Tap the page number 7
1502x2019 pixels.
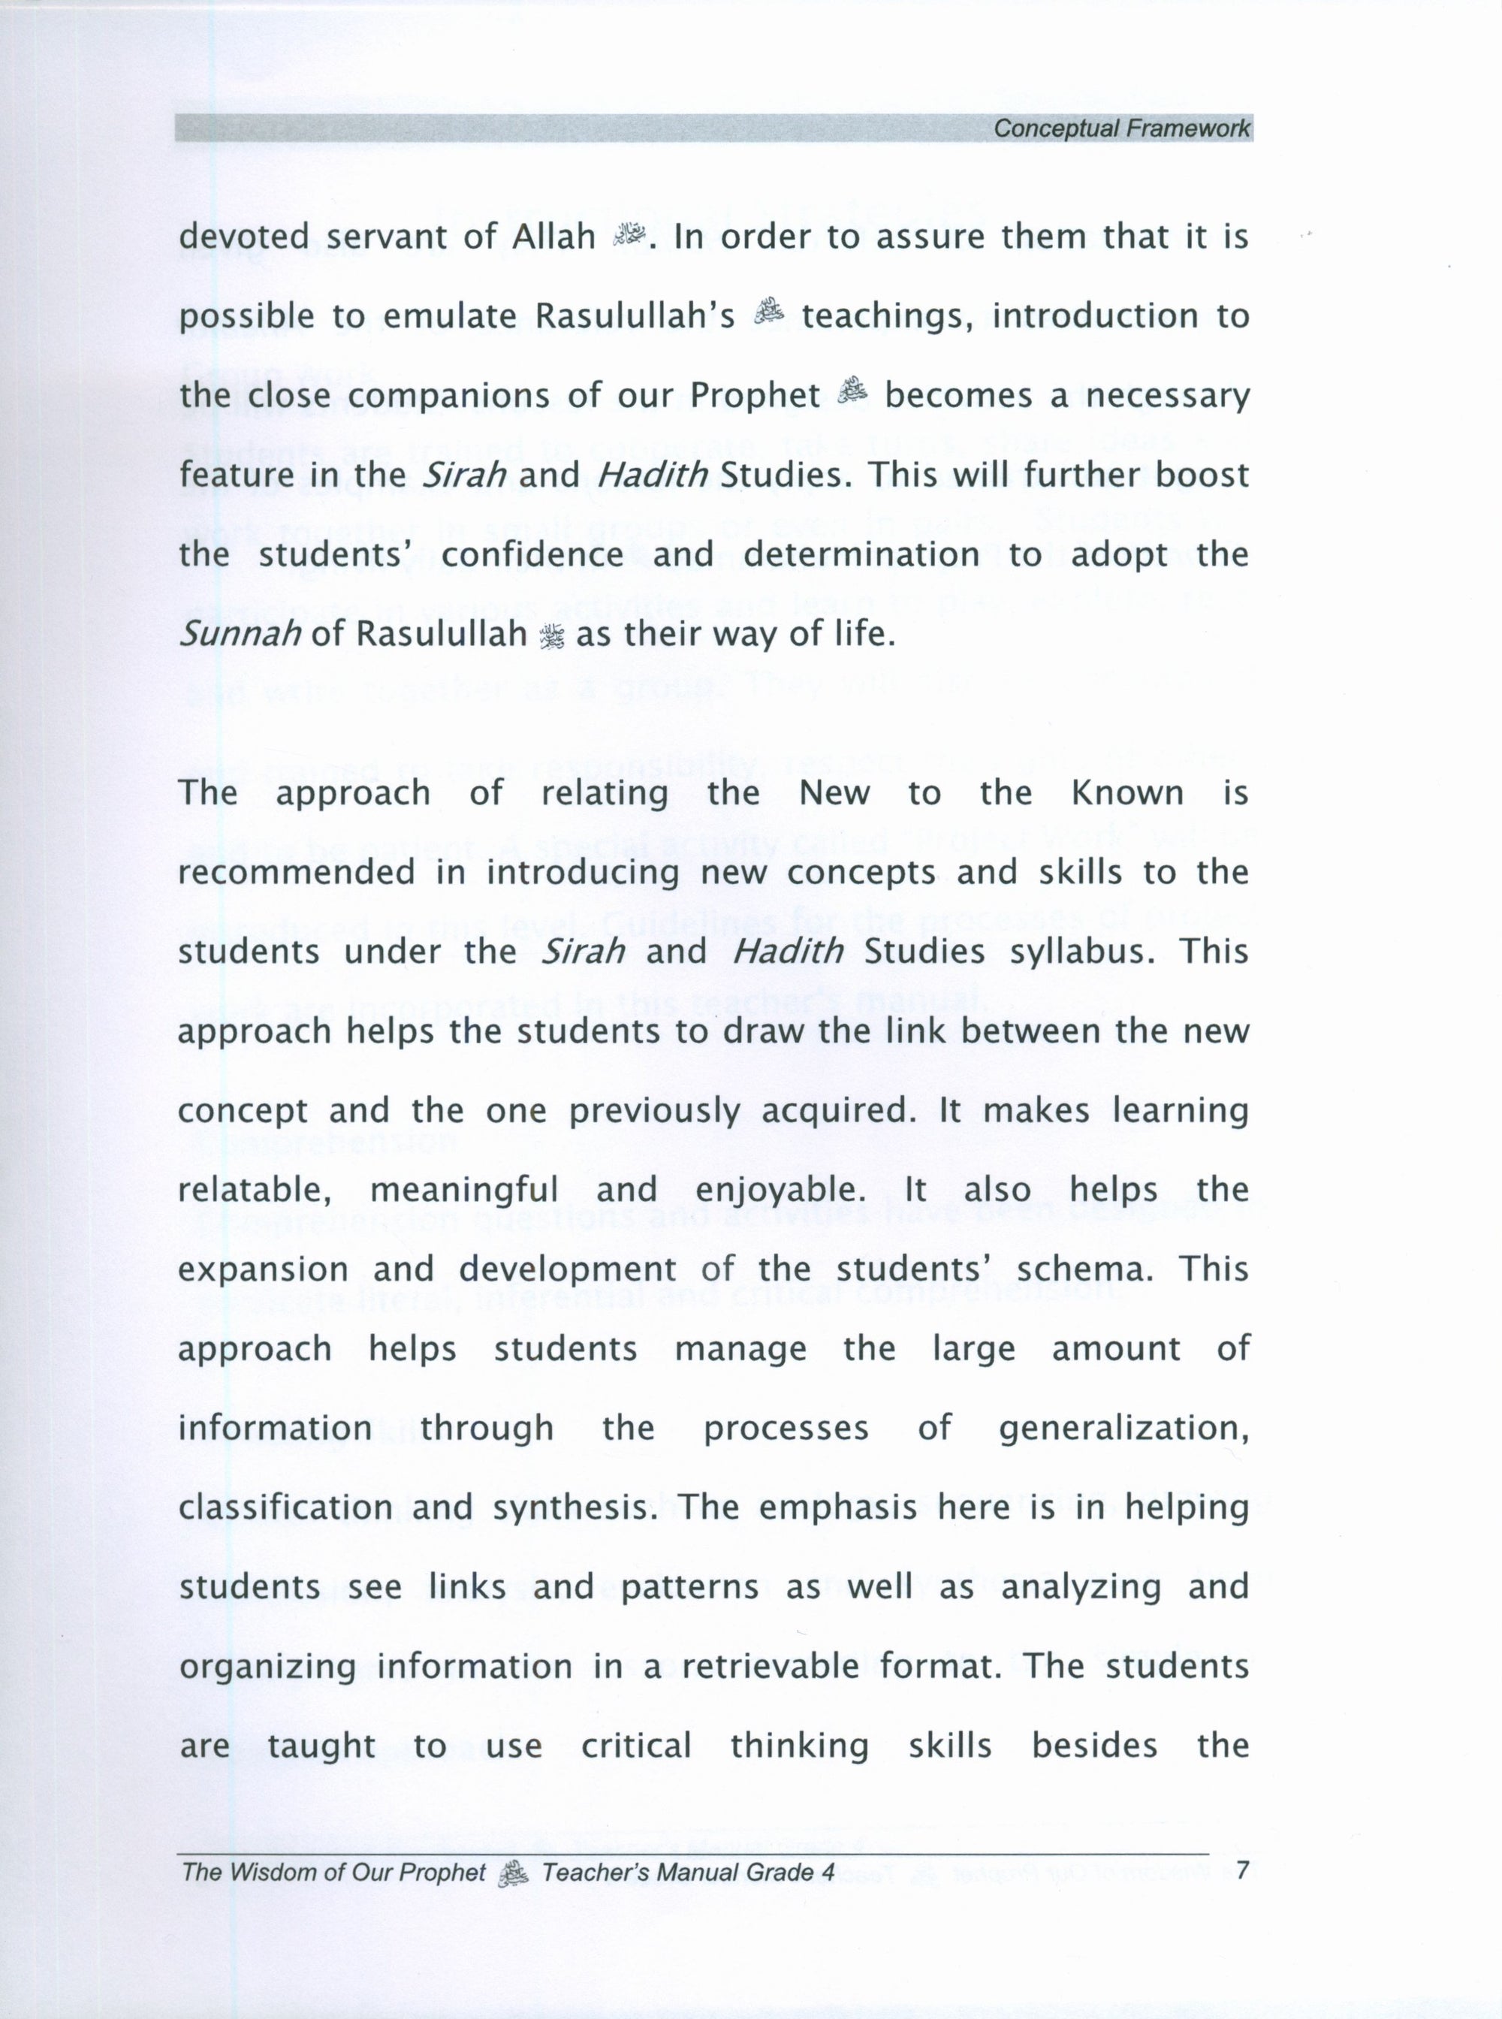click(1244, 1871)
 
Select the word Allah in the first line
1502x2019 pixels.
click(553, 237)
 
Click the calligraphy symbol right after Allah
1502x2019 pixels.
click(629, 237)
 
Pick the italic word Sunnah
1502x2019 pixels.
click(239, 634)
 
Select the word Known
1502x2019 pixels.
click(1127, 793)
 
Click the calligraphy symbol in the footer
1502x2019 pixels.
click(514, 1872)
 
